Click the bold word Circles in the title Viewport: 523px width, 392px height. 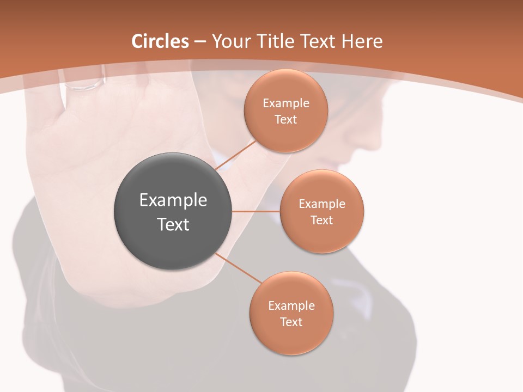pyautogui.click(x=160, y=41)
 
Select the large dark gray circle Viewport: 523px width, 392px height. pyautogui.click(x=173, y=211)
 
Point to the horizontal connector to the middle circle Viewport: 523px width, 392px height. pyautogui.click(x=256, y=211)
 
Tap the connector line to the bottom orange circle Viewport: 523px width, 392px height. pyautogui.click(x=239, y=268)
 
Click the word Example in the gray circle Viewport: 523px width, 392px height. pyautogui.click(x=173, y=200)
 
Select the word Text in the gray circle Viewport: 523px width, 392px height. pyautogui.click(x=173, y=224)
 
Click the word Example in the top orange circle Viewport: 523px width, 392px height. pyautogui.click(x=286, y=103)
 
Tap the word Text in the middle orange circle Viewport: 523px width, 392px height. pyautogui.click(x=321, y=220)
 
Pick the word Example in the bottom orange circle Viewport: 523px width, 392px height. pyautogui.click(x=291, y=306)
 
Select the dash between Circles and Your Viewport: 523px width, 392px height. pyautogui.click(x=200, y=42)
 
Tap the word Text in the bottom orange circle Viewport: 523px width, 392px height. pyautogui.click(x=291, y=322)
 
